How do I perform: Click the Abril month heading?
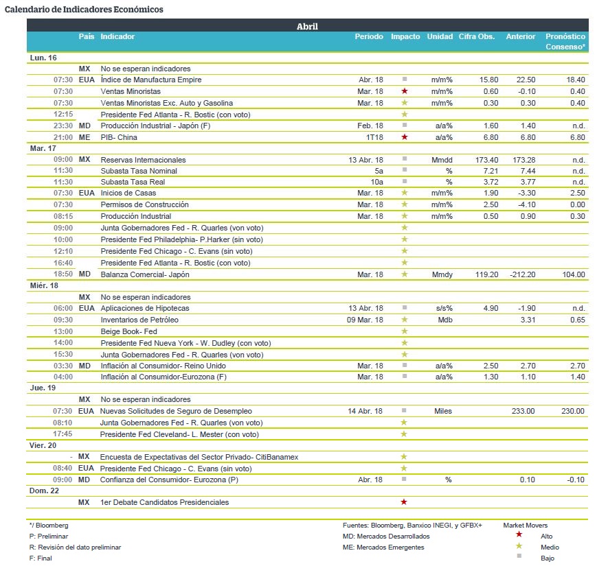307,26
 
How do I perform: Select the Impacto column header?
405,36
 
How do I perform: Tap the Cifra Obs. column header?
476,36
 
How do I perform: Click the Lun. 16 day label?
43,58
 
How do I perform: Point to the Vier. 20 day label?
43,445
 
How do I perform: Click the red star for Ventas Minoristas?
405,91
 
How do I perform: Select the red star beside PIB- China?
405,137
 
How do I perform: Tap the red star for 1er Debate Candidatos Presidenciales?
404,502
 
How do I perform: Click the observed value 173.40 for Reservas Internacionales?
486,160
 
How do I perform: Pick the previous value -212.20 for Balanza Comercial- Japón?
523,274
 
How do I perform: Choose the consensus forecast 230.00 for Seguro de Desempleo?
573,411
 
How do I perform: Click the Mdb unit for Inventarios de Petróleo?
445,320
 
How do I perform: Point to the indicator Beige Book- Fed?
128,331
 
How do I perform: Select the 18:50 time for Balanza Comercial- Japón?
63,274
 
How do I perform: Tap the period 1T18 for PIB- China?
374,137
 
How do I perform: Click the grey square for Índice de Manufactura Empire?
405,79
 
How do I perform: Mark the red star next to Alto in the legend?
519,534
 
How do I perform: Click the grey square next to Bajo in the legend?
519,556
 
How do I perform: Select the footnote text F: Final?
41,558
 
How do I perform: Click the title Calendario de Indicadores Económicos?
84,10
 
